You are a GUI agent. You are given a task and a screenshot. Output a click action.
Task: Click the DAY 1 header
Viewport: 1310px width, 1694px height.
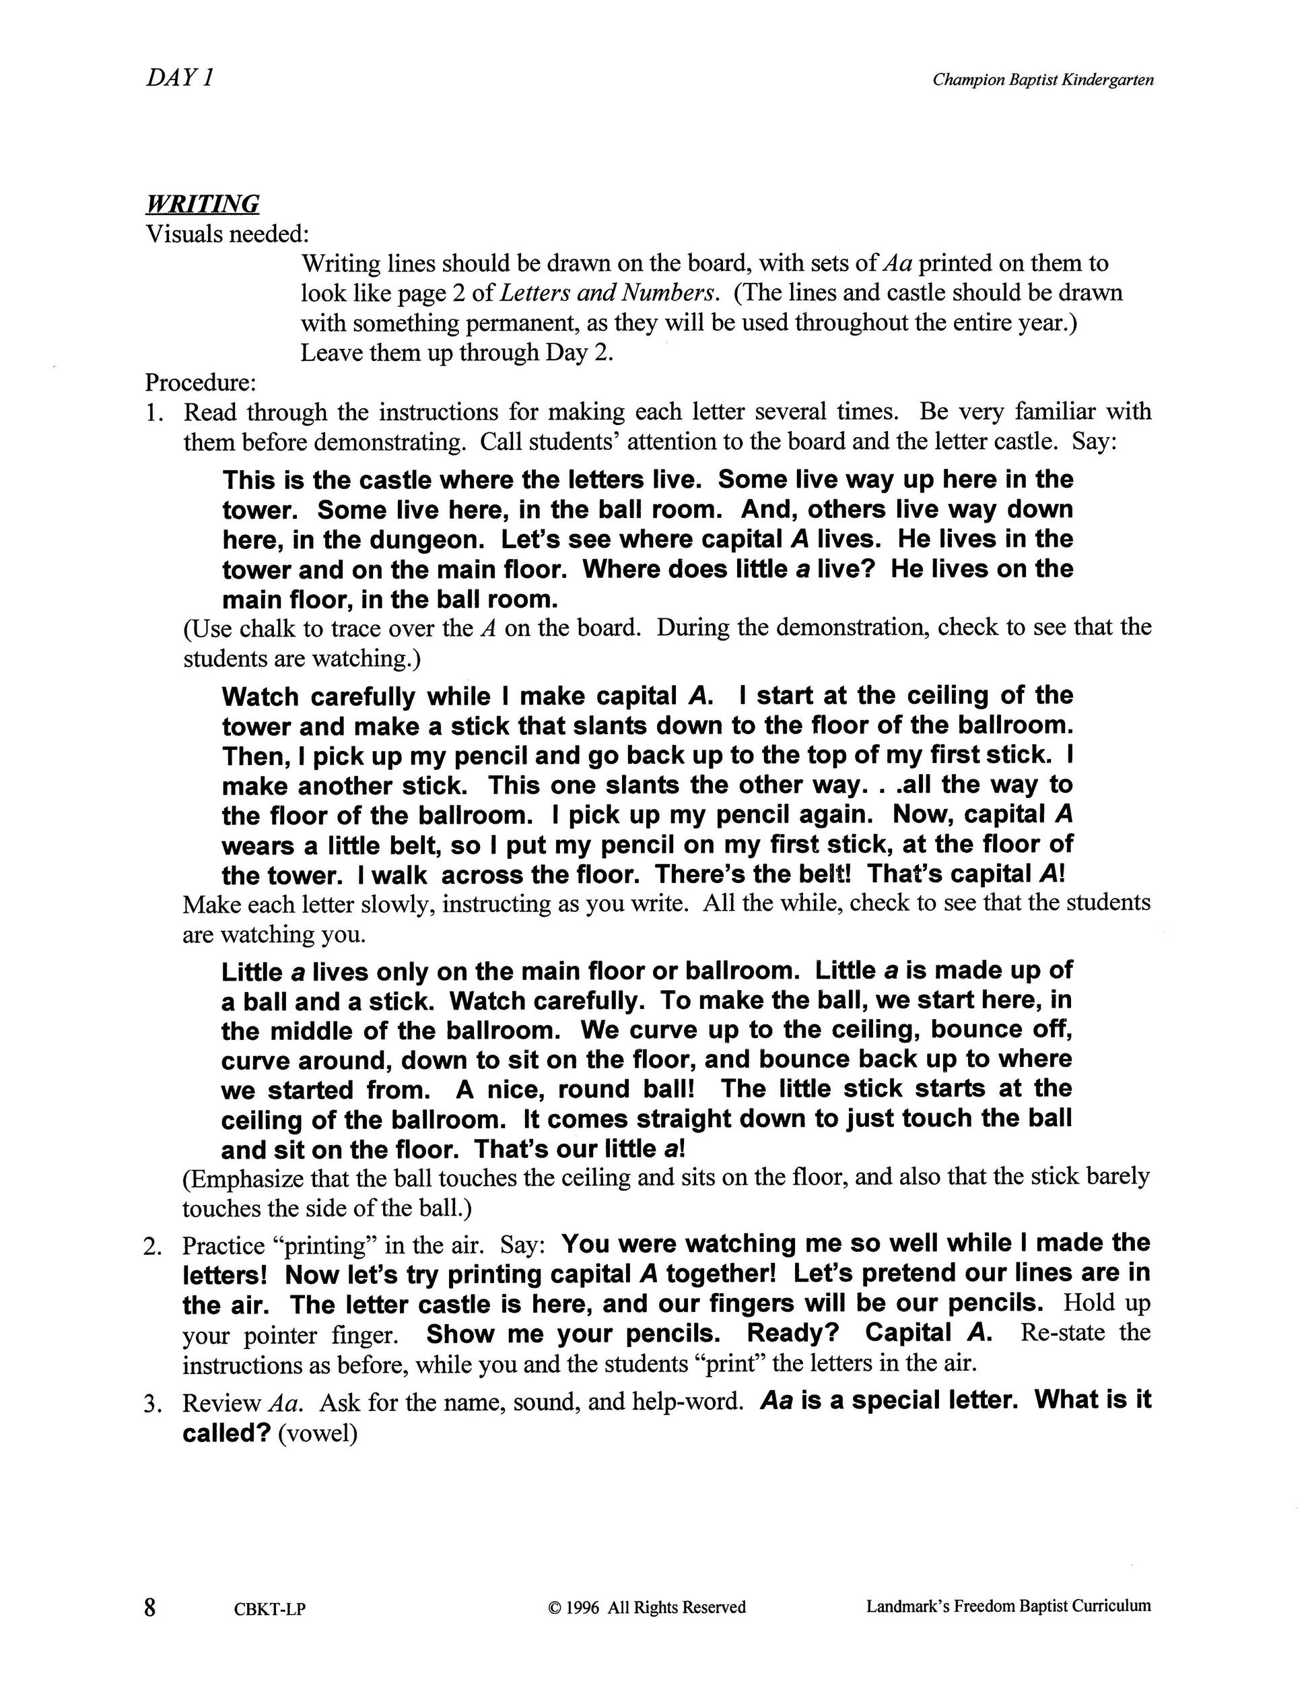179,78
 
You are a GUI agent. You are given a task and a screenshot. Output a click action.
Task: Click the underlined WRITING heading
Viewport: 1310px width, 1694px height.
203,204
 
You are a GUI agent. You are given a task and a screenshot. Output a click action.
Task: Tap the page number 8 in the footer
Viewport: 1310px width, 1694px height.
150,1606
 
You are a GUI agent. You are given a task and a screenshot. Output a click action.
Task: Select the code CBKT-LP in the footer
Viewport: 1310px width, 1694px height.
270,1608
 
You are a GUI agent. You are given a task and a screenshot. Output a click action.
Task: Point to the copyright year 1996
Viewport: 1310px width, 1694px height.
582,1607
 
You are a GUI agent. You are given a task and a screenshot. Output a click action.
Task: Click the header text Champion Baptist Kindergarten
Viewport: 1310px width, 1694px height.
1043,80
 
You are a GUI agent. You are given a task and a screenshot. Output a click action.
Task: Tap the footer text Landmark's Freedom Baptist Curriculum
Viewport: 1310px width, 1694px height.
1008,1606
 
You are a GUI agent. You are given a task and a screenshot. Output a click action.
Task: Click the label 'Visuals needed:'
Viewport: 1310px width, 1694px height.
227,234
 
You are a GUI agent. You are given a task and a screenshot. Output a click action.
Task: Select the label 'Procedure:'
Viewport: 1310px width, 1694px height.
200,383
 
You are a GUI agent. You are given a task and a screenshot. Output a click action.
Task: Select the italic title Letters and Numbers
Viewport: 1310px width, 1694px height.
605,293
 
